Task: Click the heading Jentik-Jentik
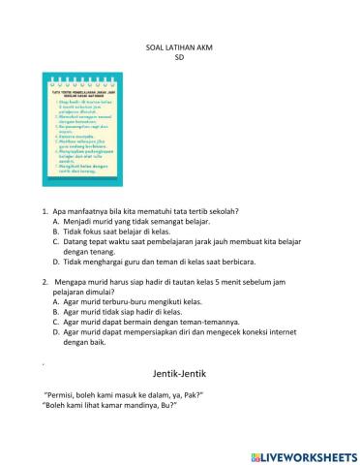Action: (180, 373)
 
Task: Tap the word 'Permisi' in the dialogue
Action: (67, 395)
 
